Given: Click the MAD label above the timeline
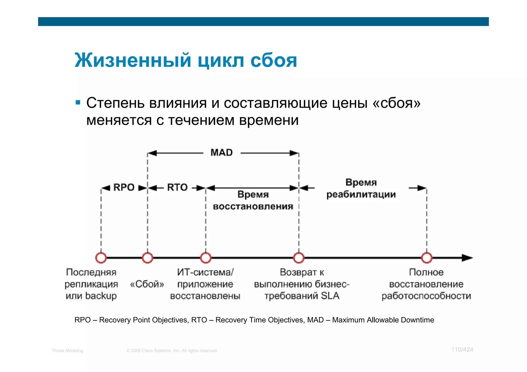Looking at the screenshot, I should pos(222,153).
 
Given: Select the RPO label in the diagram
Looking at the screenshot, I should pos(124,187).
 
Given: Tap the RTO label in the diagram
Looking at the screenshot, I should pos(177,187).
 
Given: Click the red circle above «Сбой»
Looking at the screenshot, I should pos(147,258).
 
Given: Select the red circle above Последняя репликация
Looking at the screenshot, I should pos(101,258).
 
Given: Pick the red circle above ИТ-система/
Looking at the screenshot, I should pos(206,258).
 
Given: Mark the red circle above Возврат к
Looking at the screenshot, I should pos(299,258).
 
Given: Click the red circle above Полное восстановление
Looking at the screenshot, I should pos(427,258).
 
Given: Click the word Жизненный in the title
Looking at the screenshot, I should pos(133,61).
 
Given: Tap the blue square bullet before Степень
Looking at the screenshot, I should pos(78,103).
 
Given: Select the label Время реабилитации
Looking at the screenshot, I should pos(361,188).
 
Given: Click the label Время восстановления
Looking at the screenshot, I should pos(253,200).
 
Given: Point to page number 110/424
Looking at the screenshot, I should pos(462,350).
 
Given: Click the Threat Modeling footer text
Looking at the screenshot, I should pos(67,351).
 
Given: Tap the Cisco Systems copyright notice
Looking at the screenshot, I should pos(172,351).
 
